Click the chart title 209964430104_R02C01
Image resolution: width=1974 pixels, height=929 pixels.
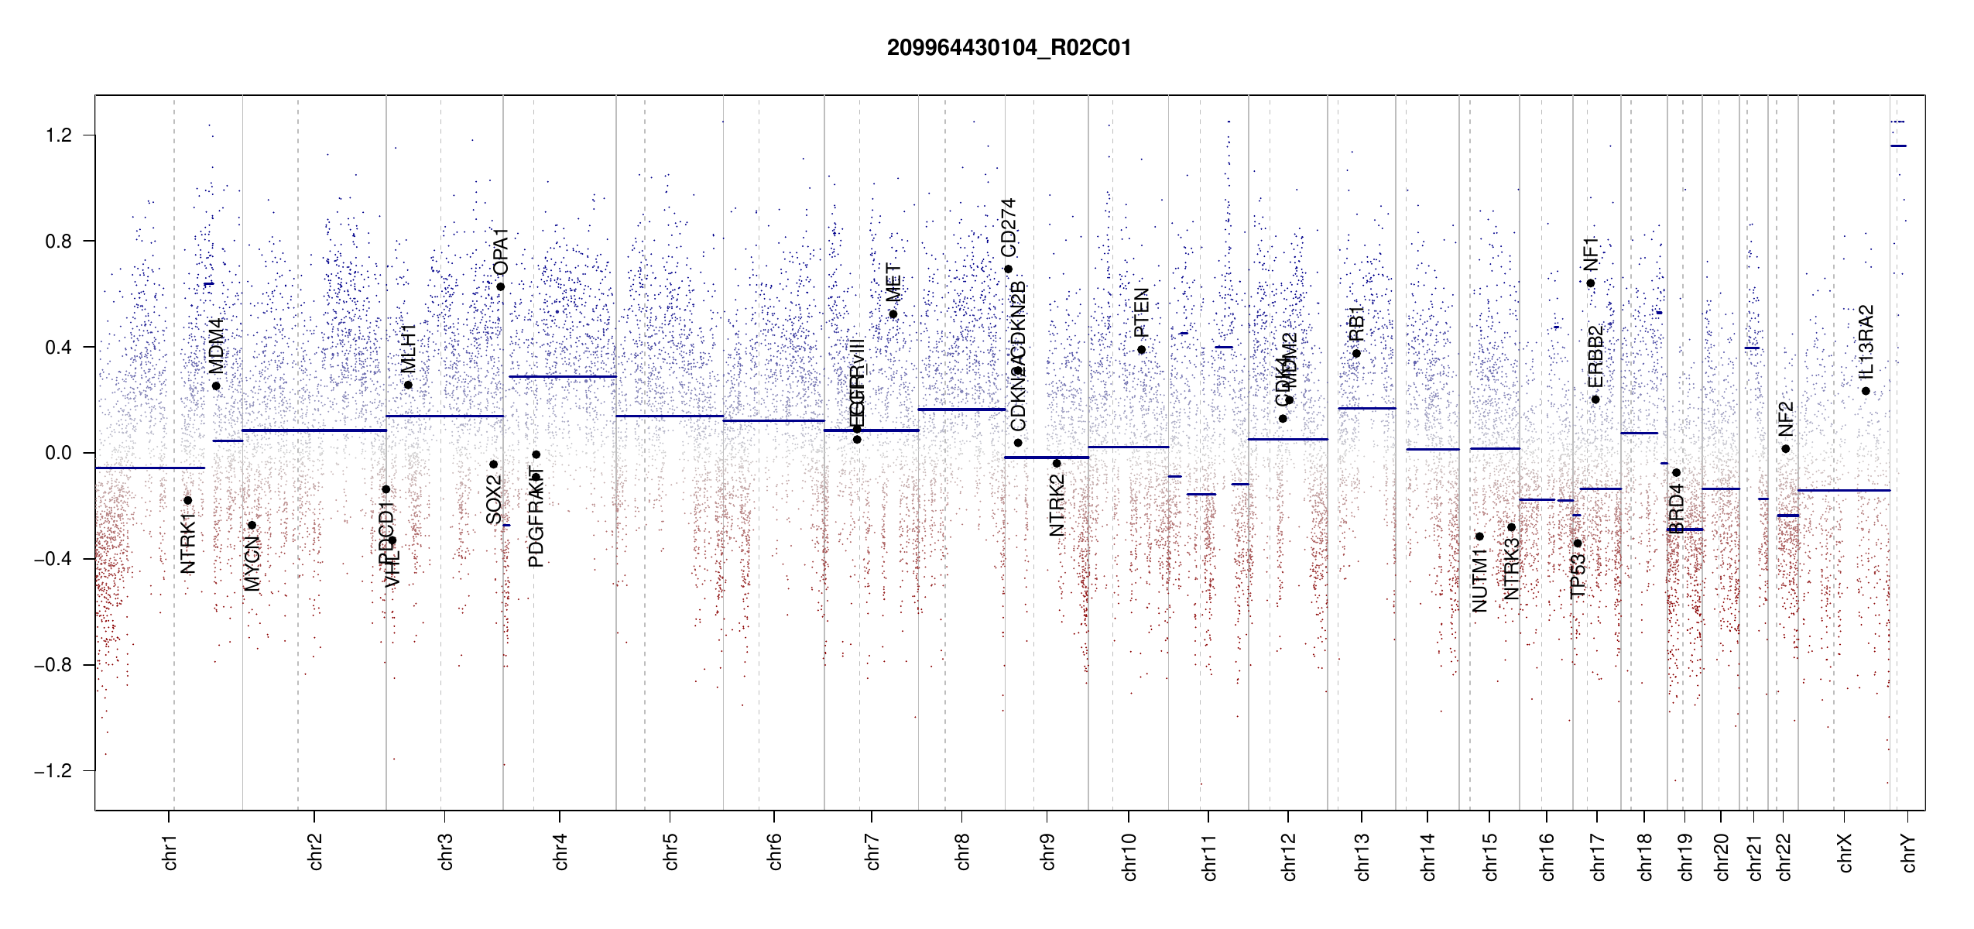(1009, 48)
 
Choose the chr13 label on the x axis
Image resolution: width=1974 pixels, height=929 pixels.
(1362, 856)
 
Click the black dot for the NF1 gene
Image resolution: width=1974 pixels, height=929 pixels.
(1591, 283)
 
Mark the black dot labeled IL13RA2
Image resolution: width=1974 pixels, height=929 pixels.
(1866, 391)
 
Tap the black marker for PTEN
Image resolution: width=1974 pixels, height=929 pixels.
(1141, 350)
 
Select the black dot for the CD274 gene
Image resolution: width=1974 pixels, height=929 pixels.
(1008, 269)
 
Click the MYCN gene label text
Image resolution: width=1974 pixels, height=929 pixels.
(252, 564)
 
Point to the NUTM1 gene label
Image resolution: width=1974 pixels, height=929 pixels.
(1479, 581)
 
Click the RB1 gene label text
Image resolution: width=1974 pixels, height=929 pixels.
(1356, 324)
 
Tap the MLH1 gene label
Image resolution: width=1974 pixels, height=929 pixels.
(408, 348)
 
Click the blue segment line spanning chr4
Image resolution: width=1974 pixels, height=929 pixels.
(563, 377)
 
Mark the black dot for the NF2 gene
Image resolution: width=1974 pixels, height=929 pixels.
(1785, 449)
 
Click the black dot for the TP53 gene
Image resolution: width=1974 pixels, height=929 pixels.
(1578, 543)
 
